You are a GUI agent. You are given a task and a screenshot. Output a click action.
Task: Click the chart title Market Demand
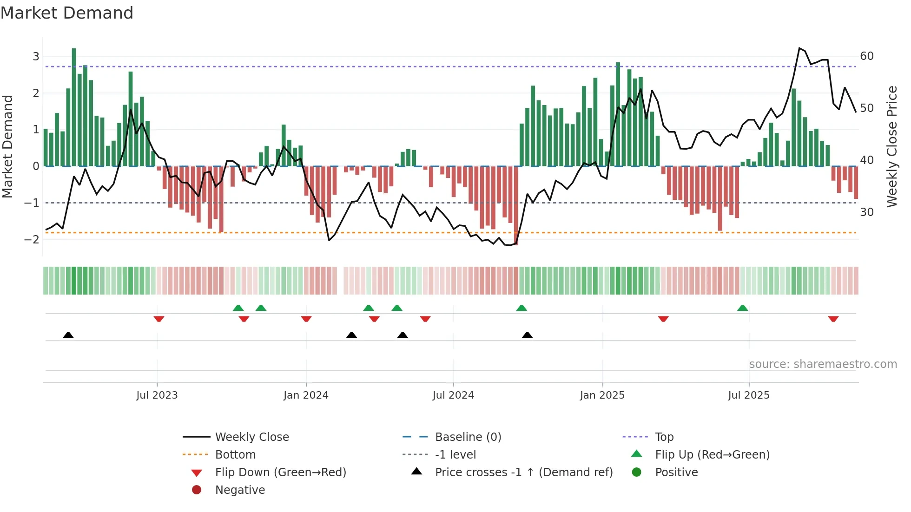[67, 13]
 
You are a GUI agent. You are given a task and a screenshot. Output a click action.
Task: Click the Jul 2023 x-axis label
[157, 395]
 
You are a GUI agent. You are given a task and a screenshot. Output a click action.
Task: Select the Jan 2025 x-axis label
[602, 395]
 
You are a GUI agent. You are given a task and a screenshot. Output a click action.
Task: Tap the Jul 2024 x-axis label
[453, 395]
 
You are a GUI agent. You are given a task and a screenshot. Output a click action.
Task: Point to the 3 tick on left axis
[36, 57]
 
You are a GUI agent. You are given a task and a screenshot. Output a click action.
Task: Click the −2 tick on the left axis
[32, 240]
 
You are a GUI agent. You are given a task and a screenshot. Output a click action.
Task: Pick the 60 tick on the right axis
[867, 56]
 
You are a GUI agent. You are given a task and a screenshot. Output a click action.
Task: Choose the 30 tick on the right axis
[867, 212]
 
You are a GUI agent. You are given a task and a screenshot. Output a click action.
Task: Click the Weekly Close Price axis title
[891, 146]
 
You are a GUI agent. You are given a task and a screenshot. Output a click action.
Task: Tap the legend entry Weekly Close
[251, 437]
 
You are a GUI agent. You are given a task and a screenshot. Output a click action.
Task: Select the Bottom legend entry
[235, 455]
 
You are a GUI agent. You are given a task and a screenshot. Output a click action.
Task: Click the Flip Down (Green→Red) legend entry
[280, 473]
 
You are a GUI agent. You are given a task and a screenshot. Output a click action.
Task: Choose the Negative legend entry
[240, 490]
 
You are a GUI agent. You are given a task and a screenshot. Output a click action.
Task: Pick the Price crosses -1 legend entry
[523, 473]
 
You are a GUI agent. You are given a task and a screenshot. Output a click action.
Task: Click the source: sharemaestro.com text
[823, 364]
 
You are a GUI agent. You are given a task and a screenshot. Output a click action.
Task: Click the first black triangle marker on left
[68, 335]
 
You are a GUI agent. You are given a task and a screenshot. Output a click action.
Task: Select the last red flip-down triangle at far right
[833, 319]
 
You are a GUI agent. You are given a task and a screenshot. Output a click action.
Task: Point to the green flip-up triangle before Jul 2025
[742, 308]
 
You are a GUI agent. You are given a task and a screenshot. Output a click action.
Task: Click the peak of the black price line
[799, 48]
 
